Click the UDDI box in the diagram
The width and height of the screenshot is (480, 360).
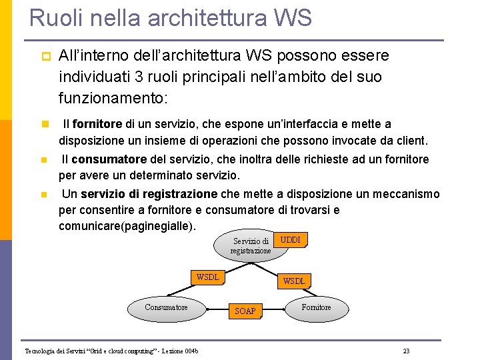point(291,240)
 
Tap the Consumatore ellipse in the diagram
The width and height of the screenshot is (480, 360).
point(166,307)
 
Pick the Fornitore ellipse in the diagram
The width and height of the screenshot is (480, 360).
point(316,307)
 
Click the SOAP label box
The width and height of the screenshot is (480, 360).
point(245,311)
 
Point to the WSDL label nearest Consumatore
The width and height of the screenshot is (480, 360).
point(207,277)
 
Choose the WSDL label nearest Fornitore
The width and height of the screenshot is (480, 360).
point(294,281)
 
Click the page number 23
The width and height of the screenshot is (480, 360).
point(406,351)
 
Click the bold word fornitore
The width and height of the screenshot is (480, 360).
point(97,124)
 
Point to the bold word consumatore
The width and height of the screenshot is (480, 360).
point(109,159)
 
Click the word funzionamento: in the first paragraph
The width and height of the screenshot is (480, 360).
point(113,99)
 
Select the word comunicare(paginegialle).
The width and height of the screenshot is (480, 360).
point(127,226)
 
